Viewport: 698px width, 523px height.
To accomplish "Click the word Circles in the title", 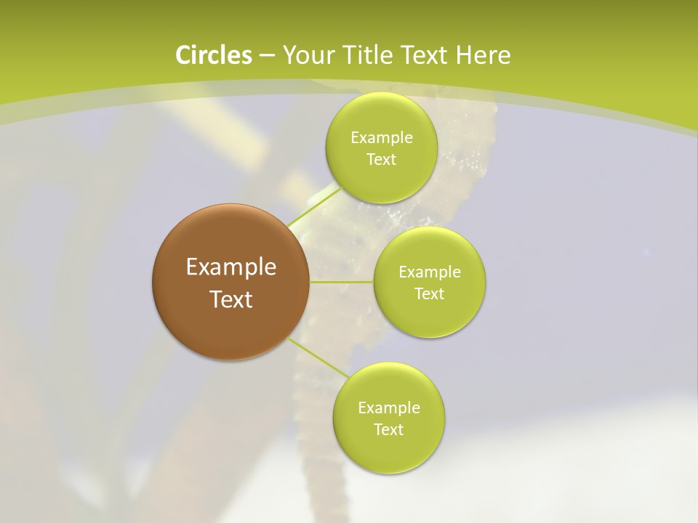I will (x=213, y=55).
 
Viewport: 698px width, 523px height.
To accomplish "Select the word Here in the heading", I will (x=484, y=55).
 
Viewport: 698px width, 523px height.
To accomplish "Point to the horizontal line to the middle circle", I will (x=341, y=282).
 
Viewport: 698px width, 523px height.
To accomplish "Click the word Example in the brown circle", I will (x=231, y=267).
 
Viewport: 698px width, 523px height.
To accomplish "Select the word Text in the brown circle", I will (x=231, y=299).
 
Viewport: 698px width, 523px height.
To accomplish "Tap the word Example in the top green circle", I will (x=381, y=138).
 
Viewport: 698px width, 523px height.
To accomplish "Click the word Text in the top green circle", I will (x=381, y=160).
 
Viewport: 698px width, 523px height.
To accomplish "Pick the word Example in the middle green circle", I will (x=429, y=272).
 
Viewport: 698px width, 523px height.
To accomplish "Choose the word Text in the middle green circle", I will (x=429, y=294).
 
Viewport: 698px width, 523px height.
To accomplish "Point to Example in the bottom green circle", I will (x=388, y=408).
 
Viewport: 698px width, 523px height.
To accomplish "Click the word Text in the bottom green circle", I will (x=388, y=430).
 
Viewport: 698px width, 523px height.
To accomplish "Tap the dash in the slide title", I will (x=266, y=56).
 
